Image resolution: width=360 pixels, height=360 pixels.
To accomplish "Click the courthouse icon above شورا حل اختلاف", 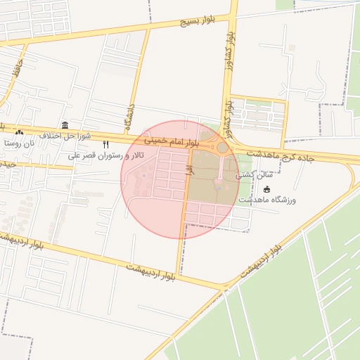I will click(65, 124).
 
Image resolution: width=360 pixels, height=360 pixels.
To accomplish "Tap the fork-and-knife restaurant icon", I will click(106, 144).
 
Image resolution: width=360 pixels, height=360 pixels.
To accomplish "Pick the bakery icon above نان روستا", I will click(19, 132).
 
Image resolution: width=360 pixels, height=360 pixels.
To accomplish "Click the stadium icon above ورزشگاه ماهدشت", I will click(266, 189).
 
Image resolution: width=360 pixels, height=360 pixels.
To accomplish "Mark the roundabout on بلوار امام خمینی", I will click(222, 148).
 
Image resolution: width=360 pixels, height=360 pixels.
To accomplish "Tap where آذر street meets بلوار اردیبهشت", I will click(179, 275).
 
